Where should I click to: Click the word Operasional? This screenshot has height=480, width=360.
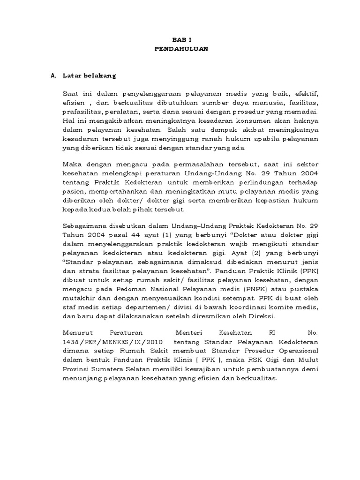(297, 351)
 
